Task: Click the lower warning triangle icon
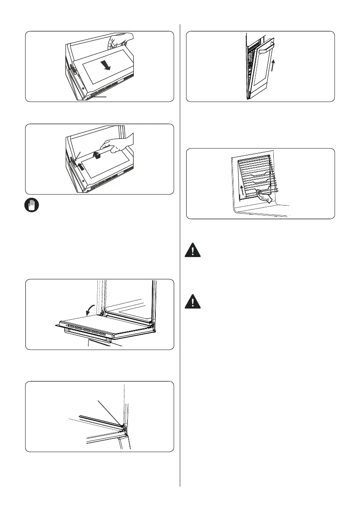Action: point(194,302)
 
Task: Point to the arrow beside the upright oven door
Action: point(273,67)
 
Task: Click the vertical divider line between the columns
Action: point(180,257)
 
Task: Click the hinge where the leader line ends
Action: point(123,426)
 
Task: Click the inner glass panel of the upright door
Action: point(258,71)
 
